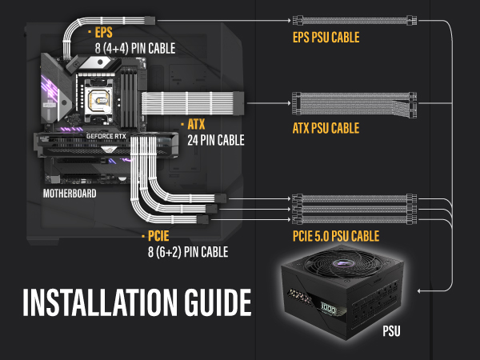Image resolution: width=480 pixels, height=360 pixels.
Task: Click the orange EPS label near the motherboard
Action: [x=104, y=33]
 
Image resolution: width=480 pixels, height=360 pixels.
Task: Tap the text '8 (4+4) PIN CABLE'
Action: [x=133, y=47]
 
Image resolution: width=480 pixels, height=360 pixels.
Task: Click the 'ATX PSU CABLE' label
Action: [x=326, y=128]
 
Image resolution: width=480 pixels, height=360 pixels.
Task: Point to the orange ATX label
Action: [x=196, y=125]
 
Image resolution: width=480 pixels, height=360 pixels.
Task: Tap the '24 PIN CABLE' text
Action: [x=215, y=139]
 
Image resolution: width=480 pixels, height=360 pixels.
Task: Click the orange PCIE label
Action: [x=157, y=237]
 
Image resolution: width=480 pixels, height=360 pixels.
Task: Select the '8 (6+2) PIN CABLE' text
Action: [x=188, y=251]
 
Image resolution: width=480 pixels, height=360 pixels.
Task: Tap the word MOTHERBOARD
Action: [x=70, y=194]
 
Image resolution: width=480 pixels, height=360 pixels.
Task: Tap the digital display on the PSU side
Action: [x=326, y=308]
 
